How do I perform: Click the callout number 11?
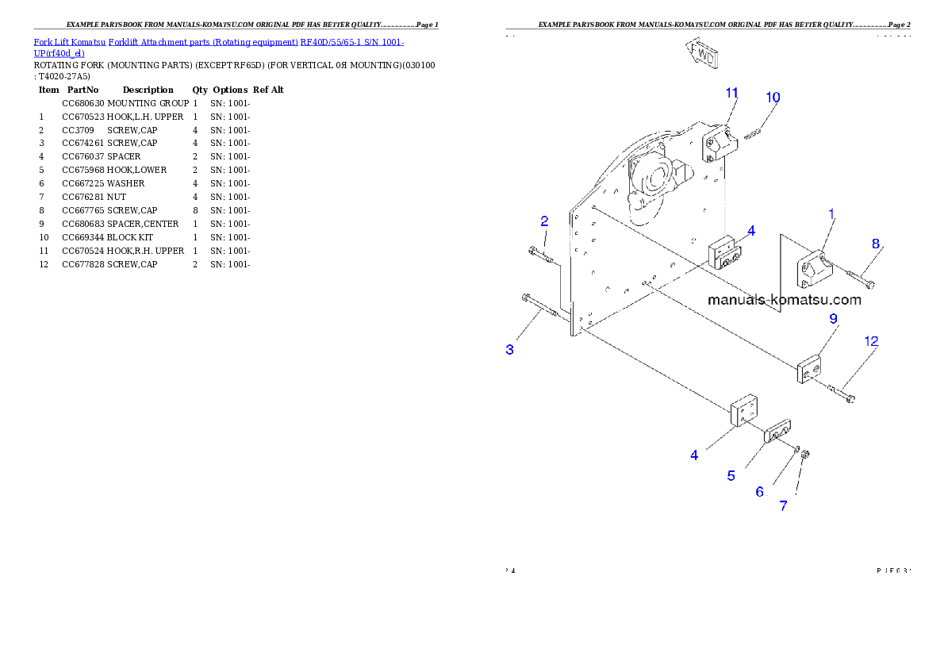coord(732,93)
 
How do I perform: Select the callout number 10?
coord(773,98)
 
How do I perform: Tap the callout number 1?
coord(831,213)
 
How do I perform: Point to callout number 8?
coord(876,244)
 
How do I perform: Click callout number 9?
coord(834,318)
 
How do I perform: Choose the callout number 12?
coord(871,341)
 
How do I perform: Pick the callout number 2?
coord(544,221)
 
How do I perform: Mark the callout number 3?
coord(510,349)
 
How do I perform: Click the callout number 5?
coord(731,476)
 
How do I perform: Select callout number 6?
coord(760,492)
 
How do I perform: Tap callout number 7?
coord(784,506)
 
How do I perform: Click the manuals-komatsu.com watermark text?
coord(784,300)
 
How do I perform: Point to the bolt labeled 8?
coord(861,278)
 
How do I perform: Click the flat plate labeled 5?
coord(777,432)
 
